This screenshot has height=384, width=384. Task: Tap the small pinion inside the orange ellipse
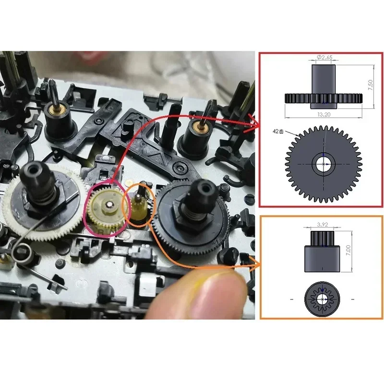(x=138, y=204)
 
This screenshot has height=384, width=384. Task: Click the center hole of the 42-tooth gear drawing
(x=325, y=164)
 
